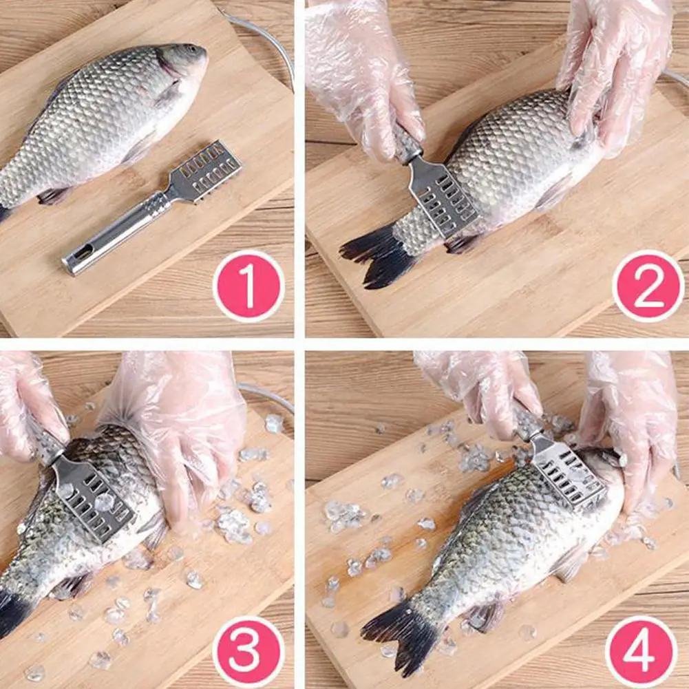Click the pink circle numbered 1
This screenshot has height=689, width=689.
click(248, 286)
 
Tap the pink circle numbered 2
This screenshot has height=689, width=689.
click(648, 286)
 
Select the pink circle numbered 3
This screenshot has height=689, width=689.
click(248, 652)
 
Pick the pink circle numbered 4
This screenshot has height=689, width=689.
click(641, 651)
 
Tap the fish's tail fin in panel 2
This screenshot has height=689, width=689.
click(377, 255)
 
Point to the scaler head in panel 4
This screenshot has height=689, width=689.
click(568, 474)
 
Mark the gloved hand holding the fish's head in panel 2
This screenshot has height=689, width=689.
click(615, 70)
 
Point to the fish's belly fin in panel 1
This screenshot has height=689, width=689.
click(55, 195)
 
